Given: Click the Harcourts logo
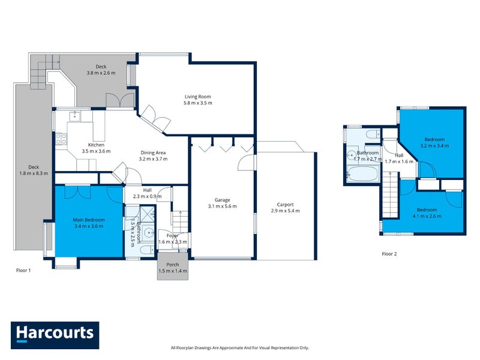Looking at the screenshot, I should pyautogui.click(x=55, y=335).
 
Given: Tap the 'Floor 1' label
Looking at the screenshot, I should pyautogui.click(x=23, y=271).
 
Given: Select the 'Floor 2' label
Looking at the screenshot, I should pyautogui.click(x=389, y=254).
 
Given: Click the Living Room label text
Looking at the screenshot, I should pyautogui.click(x=197, y=97).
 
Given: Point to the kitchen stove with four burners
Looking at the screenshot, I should pyautogui.click(x=61, y=140).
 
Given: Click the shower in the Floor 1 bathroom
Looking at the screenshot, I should pyautogui.click(x=147, y=214).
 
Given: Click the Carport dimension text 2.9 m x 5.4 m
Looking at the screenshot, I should pyautogui.click(x=285, y=211).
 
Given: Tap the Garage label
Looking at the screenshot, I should pyautogui.click(x=222, y=200).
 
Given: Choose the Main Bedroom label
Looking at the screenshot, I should pyautogui.click(x=89, y=220).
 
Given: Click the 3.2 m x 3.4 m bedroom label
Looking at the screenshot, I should pyautogui.click(x=434, y=145).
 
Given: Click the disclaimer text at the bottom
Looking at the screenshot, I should pyautogui.click(x=239, y=348).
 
